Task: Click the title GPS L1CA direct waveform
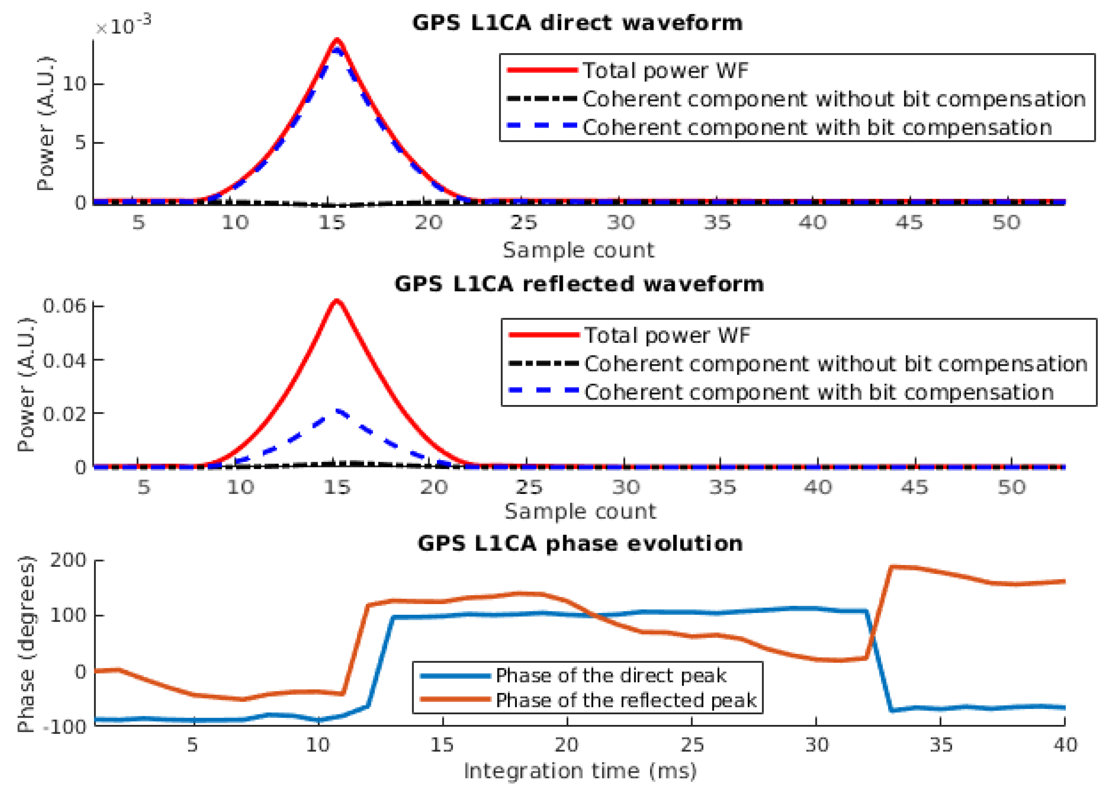(577, 23)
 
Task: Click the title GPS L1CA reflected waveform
(579, 284)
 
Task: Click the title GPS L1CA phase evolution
(580, 543)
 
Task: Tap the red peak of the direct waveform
(337, 40)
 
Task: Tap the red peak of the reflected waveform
(337, 301)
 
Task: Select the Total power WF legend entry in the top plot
(665, 71)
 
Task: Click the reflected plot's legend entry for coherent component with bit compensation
(818, 392)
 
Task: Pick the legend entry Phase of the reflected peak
(626, 700)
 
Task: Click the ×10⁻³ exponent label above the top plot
(123, 26)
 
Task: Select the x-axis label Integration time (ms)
(580, 771)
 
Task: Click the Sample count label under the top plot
(579, 250)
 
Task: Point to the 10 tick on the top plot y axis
(74, 85)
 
